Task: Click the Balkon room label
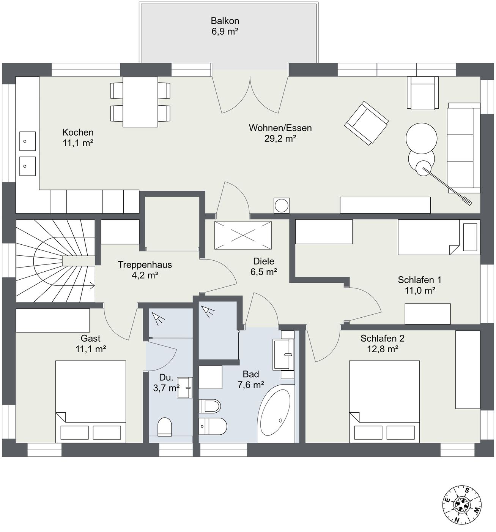click(225, 21)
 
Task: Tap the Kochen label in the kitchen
click(78, 132)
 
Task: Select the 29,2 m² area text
click(280, 138)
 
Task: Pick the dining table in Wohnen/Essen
click(140, 102)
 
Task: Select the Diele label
click(263, 261)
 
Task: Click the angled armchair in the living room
click(367, 123)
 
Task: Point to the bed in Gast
click(91, 402)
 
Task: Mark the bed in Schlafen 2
click(384, 402)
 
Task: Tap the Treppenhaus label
click(145, 264)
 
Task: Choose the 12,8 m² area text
click(383, 349)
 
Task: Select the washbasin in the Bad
click(283, 355)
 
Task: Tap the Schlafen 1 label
click(419, 280)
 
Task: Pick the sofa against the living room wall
click(463, 148)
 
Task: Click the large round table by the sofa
click(421, 138)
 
